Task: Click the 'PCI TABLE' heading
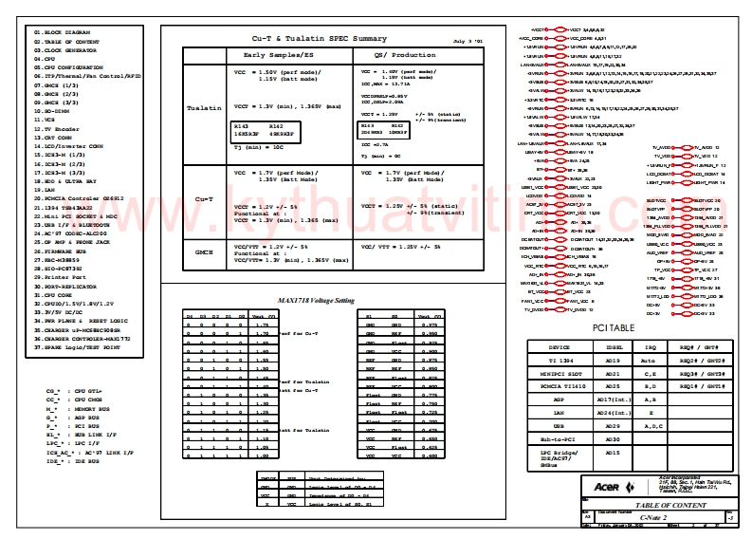point(614,327)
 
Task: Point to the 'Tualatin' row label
point(204,108)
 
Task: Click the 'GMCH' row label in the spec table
point(204,251)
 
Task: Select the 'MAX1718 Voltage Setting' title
point(316,300)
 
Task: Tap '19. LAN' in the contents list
point(47,190)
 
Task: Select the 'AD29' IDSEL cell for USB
point(612,428)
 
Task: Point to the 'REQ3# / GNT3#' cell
point(703,375)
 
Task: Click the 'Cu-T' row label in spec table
point(204,201)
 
